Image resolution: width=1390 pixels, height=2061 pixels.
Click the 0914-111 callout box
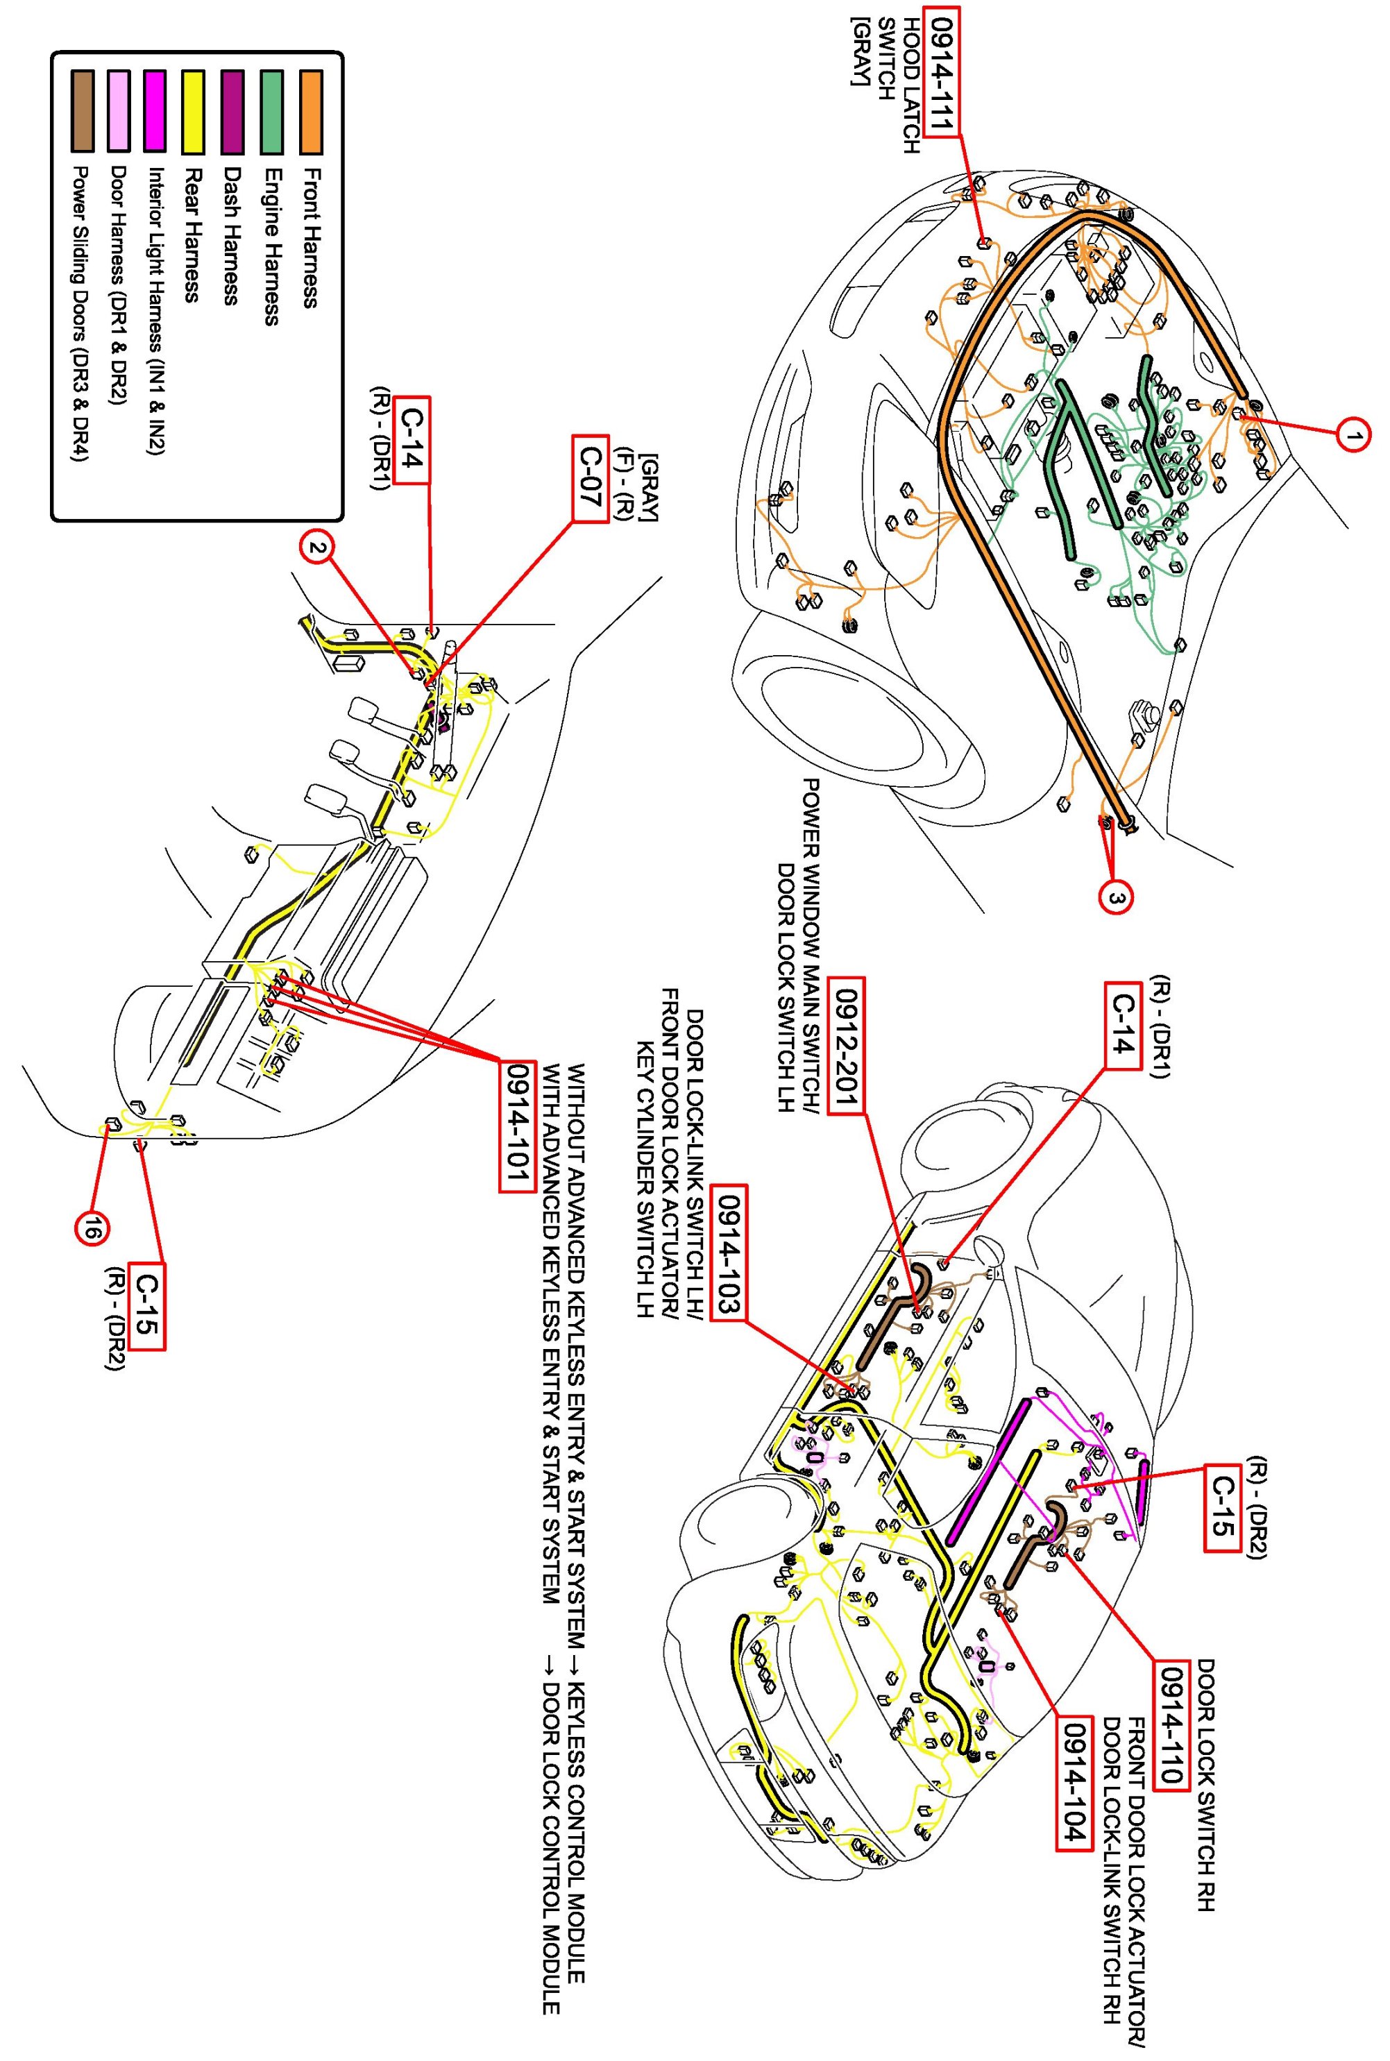point(940,71)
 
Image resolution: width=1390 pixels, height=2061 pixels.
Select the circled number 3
point(1115,899)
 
